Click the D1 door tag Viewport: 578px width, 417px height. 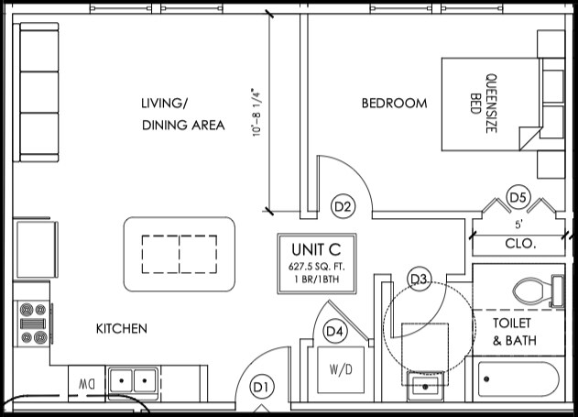tap(261, 387)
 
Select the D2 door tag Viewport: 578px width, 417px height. tap(343, 207)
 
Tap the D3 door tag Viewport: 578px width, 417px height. tap(420, 279)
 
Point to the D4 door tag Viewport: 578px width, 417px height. tap(334, 331)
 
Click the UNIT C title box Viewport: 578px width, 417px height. tap(316, 265)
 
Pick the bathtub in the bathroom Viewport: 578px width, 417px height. tap(518, 379)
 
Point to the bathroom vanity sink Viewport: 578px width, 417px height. tap(425, 386)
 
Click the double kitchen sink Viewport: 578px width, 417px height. tap(133, 379)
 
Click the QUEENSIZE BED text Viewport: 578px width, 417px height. tap(484, 103)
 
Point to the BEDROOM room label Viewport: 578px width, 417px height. tap(394, 104)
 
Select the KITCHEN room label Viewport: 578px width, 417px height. tap(122, 328)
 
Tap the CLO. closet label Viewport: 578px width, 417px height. tap(519, 244)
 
